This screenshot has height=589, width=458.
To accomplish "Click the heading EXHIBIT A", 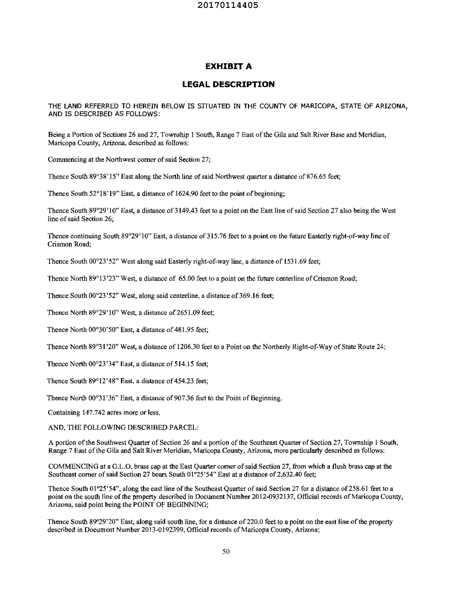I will click(x=228, y=66).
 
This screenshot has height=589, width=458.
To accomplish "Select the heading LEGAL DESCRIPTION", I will click(x=228, y=84).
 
